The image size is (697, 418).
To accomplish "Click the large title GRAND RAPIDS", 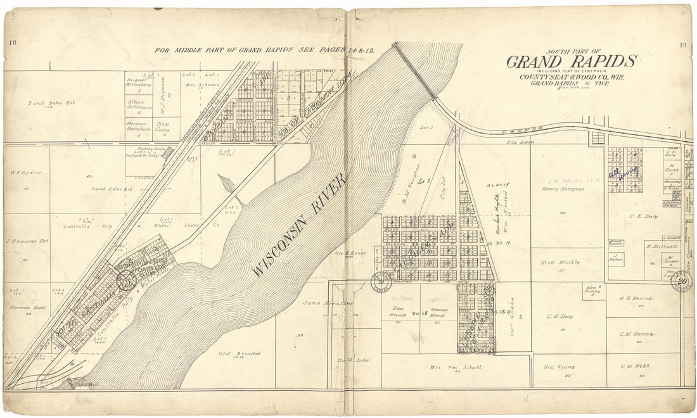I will click(x=570, y=61).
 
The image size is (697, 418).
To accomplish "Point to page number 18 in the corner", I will click(x=12, y=42).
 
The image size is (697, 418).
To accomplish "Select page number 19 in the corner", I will click(x=682, y=44).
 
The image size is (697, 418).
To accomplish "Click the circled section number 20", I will click(x=682, y=281).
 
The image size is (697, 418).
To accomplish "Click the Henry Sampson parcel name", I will click(x=563, y=188).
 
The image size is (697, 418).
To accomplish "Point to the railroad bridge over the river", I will click(x=415, y=71).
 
